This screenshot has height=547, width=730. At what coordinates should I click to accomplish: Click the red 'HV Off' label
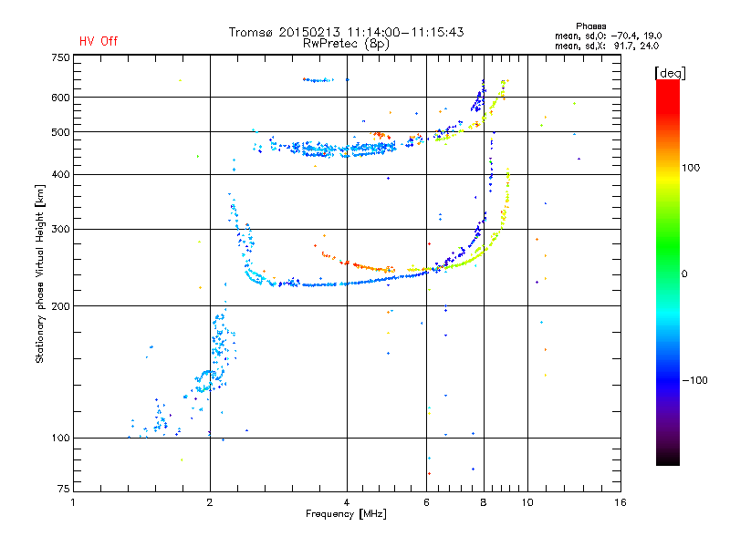coord(99,41)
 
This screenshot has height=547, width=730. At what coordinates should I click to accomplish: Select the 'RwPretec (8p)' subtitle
coord(346,44)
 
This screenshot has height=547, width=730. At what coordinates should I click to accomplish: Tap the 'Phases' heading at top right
coord(590,26)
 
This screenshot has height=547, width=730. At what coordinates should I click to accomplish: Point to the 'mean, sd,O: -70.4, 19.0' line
coord(608,36)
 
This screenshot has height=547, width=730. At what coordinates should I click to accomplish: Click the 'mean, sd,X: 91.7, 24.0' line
coord(607,46)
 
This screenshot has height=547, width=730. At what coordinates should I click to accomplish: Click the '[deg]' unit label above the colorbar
coord(670,73)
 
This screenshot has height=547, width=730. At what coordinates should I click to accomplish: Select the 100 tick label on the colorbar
coord(691,168)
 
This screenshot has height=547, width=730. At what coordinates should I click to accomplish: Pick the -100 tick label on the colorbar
coord(695,380)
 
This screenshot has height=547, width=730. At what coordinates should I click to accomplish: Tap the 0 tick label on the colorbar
coord(684,274)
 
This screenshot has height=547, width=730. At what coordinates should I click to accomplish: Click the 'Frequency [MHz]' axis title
coord(346,514)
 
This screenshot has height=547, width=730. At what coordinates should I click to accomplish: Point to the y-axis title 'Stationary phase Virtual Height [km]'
coord(40,273)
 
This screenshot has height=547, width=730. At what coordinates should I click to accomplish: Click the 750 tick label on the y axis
coord(60,57)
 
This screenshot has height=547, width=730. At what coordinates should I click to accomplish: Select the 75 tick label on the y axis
coord(64,489)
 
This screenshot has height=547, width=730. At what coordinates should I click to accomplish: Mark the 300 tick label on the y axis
coord(60,230)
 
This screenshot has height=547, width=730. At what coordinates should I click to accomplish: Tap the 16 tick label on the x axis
coord(620,502)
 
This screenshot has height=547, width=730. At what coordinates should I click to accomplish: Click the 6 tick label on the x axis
coord(426,502)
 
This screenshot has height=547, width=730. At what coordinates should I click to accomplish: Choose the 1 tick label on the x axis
coord(74,502)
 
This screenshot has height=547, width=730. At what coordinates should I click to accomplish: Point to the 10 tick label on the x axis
coord(527,502)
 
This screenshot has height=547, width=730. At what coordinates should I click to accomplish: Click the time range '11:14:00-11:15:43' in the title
coord(405,32)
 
